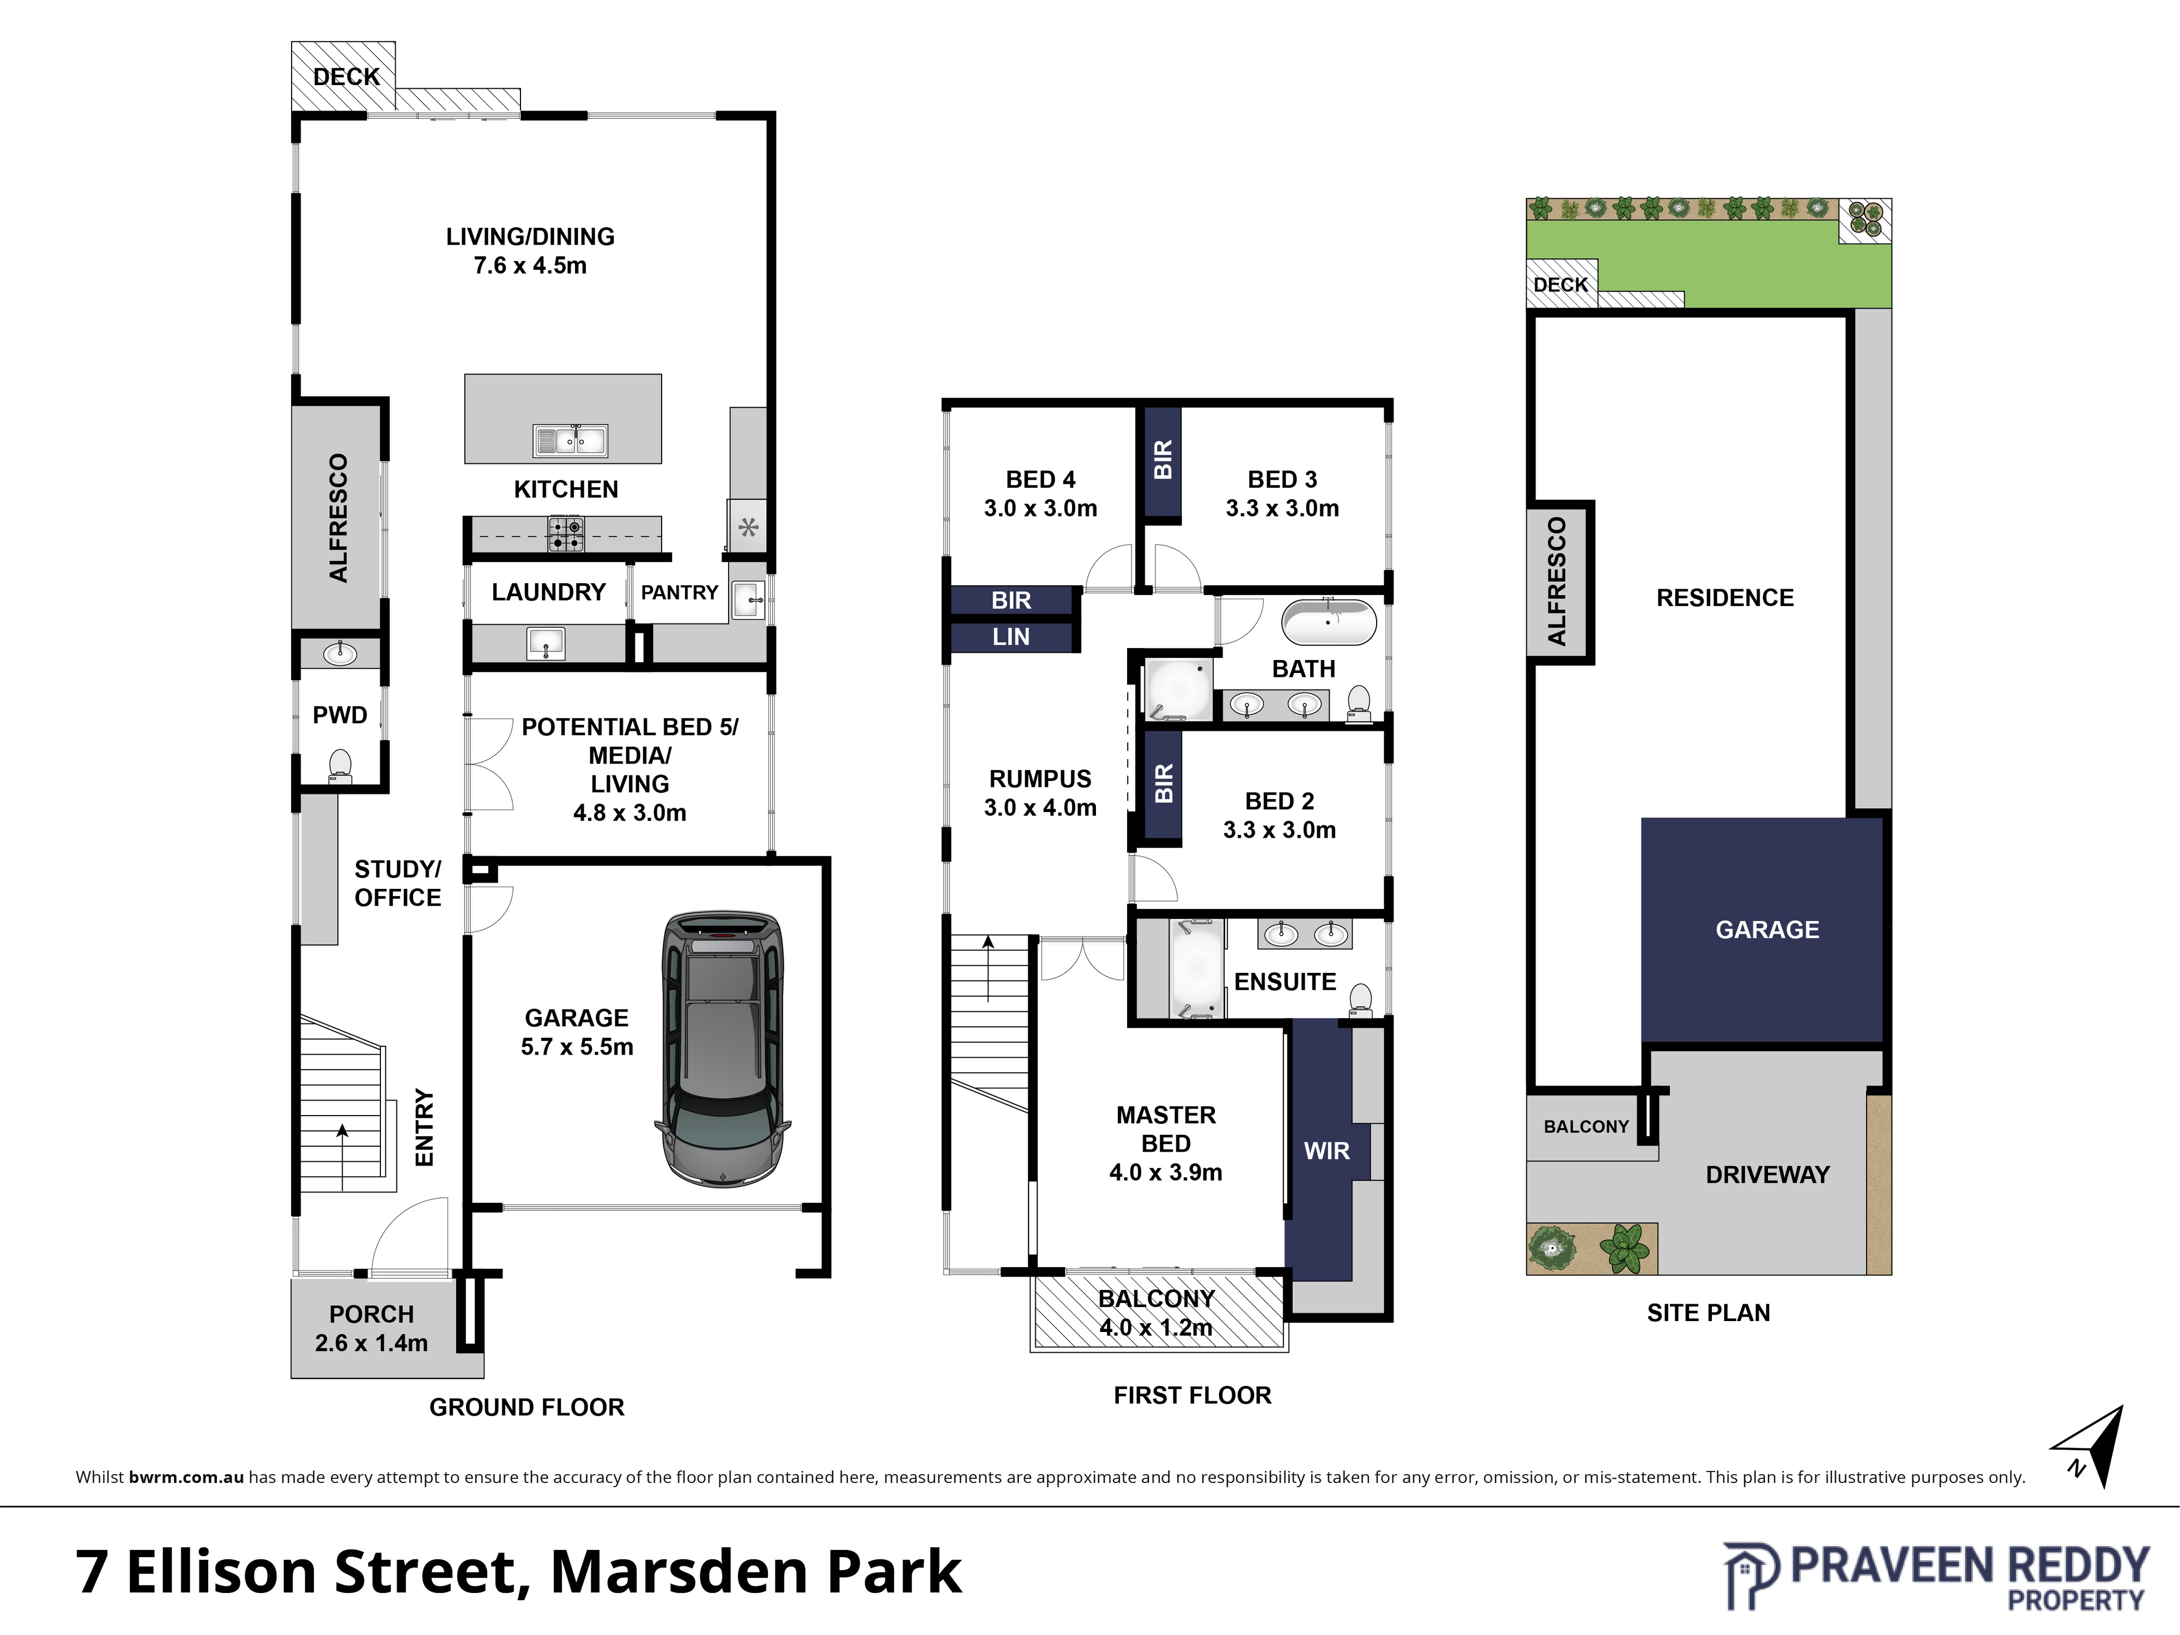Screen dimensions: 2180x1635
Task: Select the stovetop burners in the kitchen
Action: coord(566,534)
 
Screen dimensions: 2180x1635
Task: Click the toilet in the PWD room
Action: coord(340,766)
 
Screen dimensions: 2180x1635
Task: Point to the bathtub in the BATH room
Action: coord(1329,622)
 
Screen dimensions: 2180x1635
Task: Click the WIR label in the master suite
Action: coord(1327,1151)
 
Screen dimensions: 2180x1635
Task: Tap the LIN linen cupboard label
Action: coord(1011,638)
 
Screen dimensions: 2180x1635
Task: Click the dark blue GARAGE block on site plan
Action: coord(1762,929)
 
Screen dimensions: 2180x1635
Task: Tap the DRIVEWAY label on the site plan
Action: coord(1767,1175)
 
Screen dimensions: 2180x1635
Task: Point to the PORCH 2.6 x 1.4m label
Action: coord(372,1329)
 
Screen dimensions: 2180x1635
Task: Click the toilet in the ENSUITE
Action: coord(1360,1000)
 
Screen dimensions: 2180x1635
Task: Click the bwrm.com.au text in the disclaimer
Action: coord(186,1477)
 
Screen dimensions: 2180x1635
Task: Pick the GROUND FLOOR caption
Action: coord(526,1407)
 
